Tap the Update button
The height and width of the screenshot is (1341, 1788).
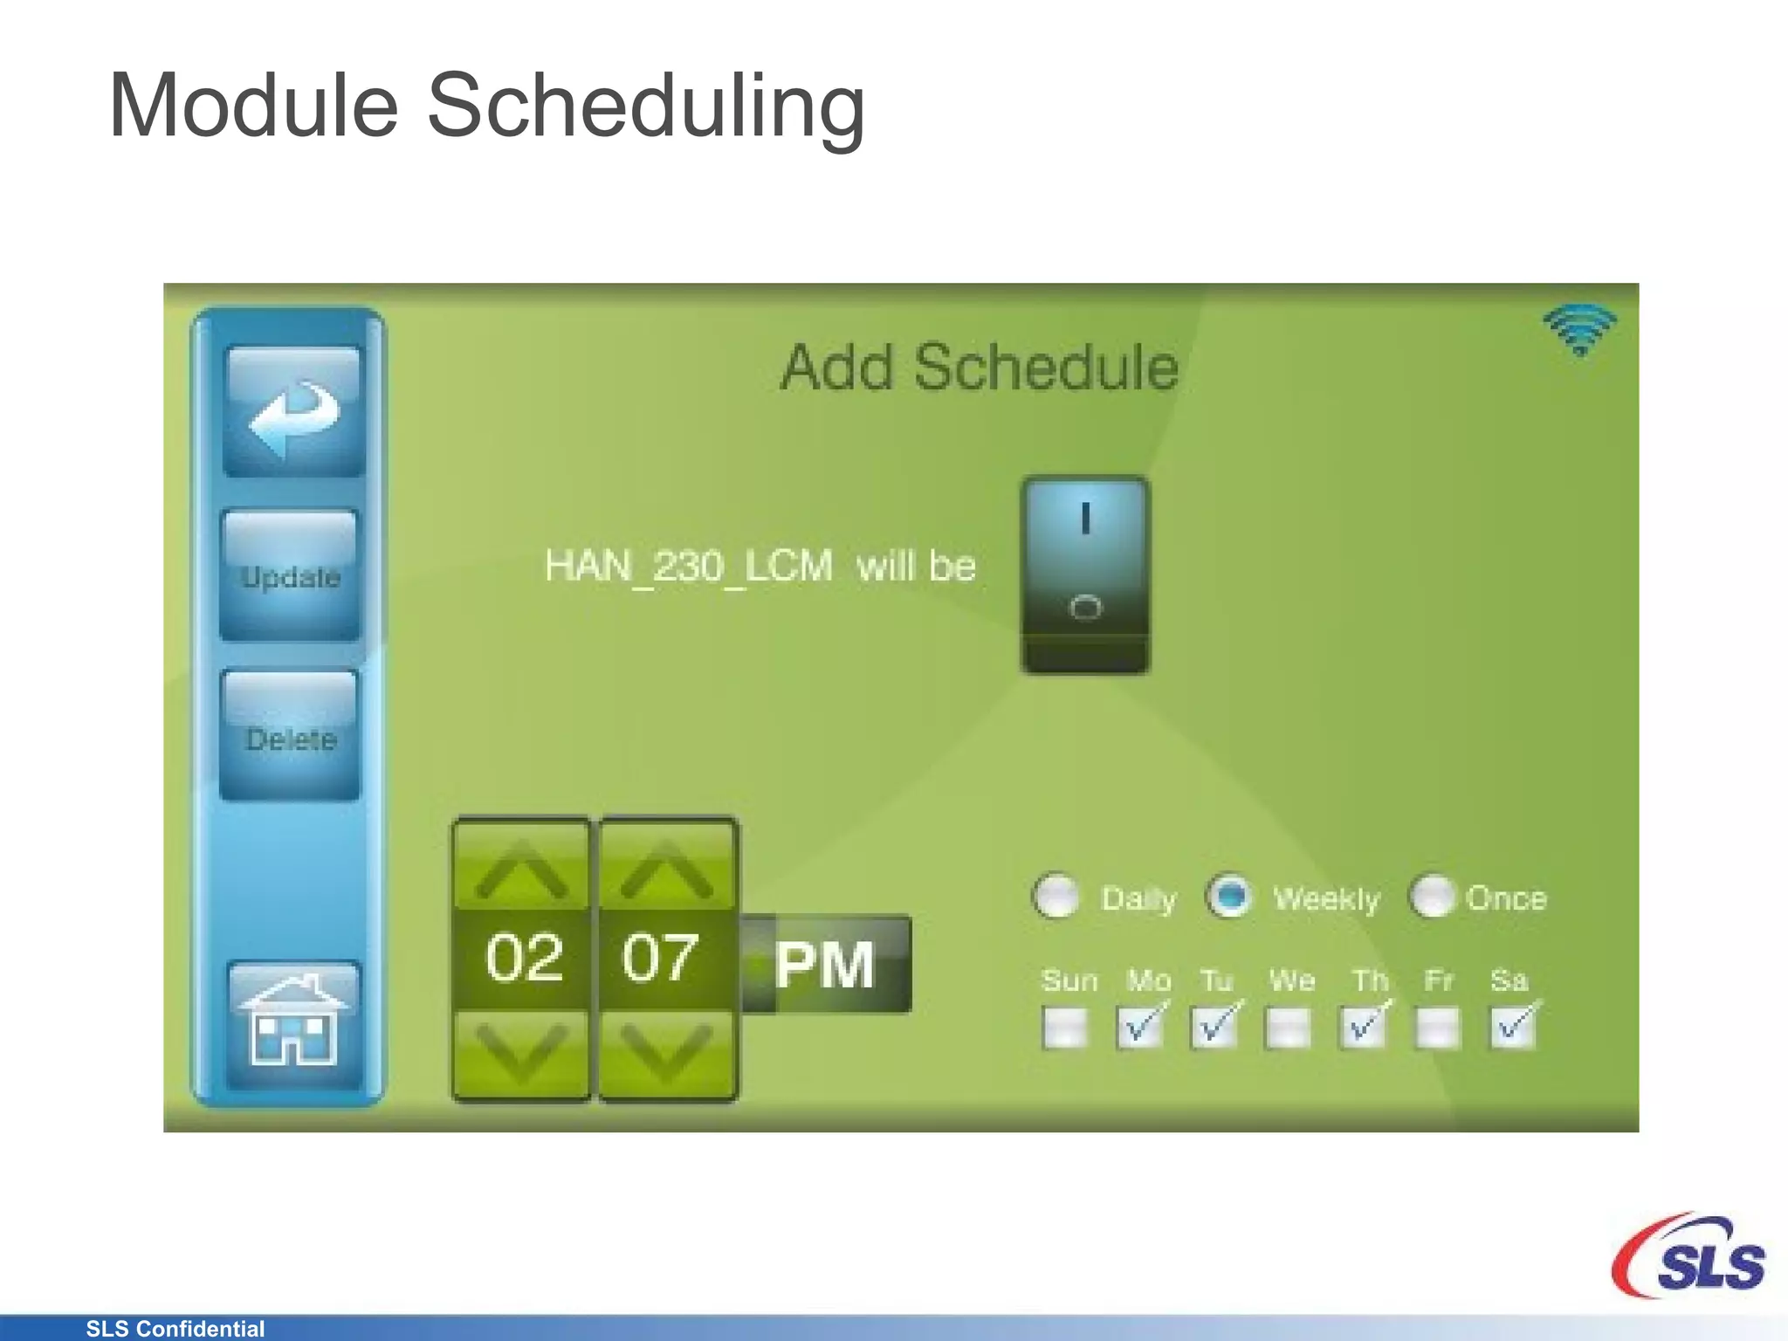point(291,576)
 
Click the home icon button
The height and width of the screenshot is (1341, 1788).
point(293,1023)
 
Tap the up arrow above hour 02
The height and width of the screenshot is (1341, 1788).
point(522,870)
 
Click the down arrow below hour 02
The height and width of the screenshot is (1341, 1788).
point(522,1052)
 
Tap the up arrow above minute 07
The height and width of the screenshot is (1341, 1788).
point(667,870)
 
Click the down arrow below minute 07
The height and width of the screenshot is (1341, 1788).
point(667,1052)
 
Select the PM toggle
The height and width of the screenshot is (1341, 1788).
point(826,965)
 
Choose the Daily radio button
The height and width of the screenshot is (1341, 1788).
point(1057,897)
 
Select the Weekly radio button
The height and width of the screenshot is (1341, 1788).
point(1229,897)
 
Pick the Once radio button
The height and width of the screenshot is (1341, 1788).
point(1433,897)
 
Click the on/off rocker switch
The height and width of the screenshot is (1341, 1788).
point(1085,574)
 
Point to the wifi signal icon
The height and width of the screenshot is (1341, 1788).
point(1580,330)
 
